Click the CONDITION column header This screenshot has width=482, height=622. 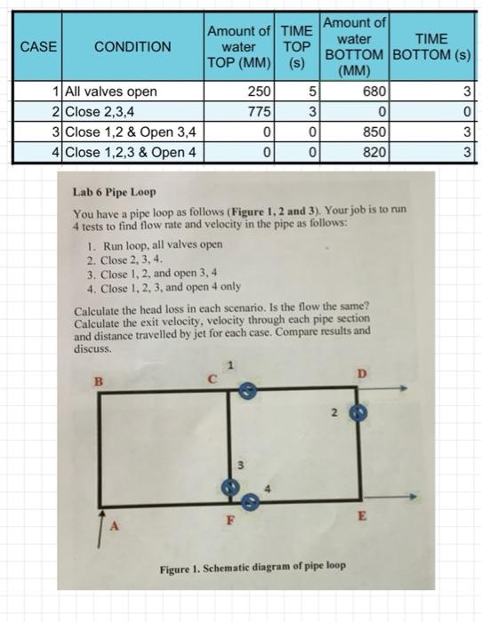[x=133, y=46]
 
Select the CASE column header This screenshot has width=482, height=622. [x=36, y=46]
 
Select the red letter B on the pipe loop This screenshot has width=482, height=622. [x=99, y=380]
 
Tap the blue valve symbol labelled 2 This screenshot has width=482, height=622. [x=357, y=413]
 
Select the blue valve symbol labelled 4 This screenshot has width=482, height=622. [x=251, y=503]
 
